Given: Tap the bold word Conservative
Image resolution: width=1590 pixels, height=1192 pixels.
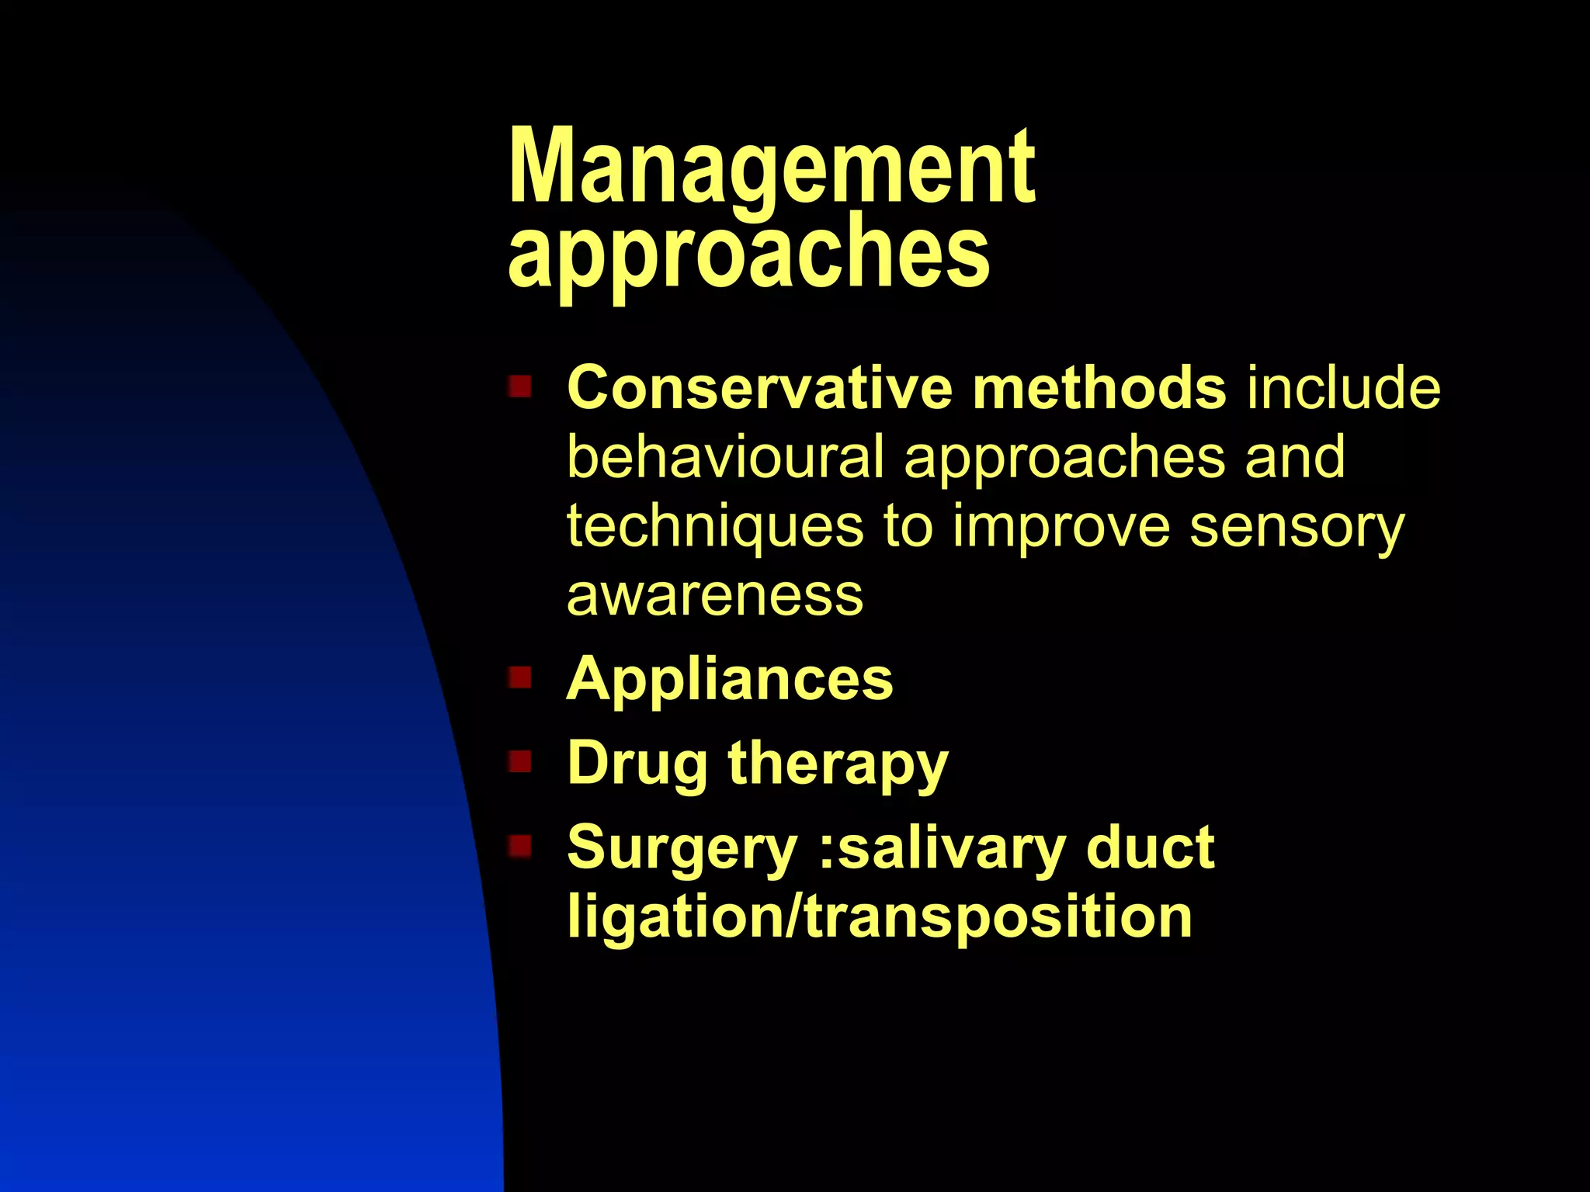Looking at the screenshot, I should tap(759, 387).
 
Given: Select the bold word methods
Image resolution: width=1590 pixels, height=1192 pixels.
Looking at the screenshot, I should tap(1099, 387).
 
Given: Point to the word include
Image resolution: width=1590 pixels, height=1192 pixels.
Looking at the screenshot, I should tap(1343, 387).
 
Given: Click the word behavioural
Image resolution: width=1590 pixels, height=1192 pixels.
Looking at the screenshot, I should tap(725, 456).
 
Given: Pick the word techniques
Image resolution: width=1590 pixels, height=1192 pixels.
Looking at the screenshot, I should tap(714, 527).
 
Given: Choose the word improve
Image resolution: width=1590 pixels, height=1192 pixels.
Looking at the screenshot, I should tap(1061, 527).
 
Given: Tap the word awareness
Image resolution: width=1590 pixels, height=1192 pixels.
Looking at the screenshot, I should tap(714, 595).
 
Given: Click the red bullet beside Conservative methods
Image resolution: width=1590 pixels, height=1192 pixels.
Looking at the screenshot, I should tap(519, 386).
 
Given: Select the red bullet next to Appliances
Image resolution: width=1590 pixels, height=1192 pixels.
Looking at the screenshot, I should tap(519, 677).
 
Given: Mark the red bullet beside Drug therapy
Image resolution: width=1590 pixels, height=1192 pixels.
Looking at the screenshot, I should tap(519, 761).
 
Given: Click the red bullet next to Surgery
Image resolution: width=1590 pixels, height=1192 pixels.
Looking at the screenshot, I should tap(519, 845).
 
